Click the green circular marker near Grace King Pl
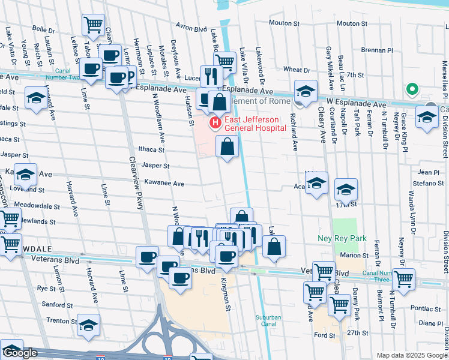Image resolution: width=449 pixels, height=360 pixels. [412, 89]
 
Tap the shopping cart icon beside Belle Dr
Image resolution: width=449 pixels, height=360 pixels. [93, 25]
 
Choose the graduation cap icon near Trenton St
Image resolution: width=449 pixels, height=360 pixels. [88, 325]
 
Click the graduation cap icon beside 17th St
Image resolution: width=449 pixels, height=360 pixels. [346, 190]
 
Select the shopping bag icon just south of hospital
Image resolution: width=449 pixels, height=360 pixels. [227, 146]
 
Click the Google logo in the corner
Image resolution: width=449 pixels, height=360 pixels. [20, 353]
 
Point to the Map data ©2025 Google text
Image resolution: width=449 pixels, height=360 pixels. [411, 355]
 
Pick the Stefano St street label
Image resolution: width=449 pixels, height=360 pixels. [429, 183]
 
